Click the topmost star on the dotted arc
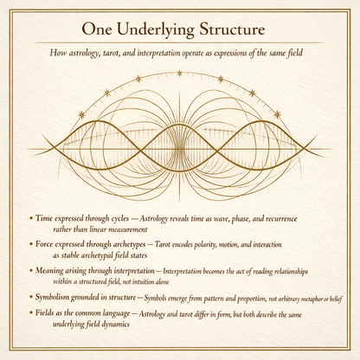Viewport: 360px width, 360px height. tap(180, 73)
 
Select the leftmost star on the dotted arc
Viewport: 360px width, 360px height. tap(81, 114)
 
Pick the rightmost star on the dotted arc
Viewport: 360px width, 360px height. tap(278, 114)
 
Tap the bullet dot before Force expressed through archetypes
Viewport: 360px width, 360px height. tap(32, 247)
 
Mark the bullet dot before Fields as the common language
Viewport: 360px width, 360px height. tap(32, 316)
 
